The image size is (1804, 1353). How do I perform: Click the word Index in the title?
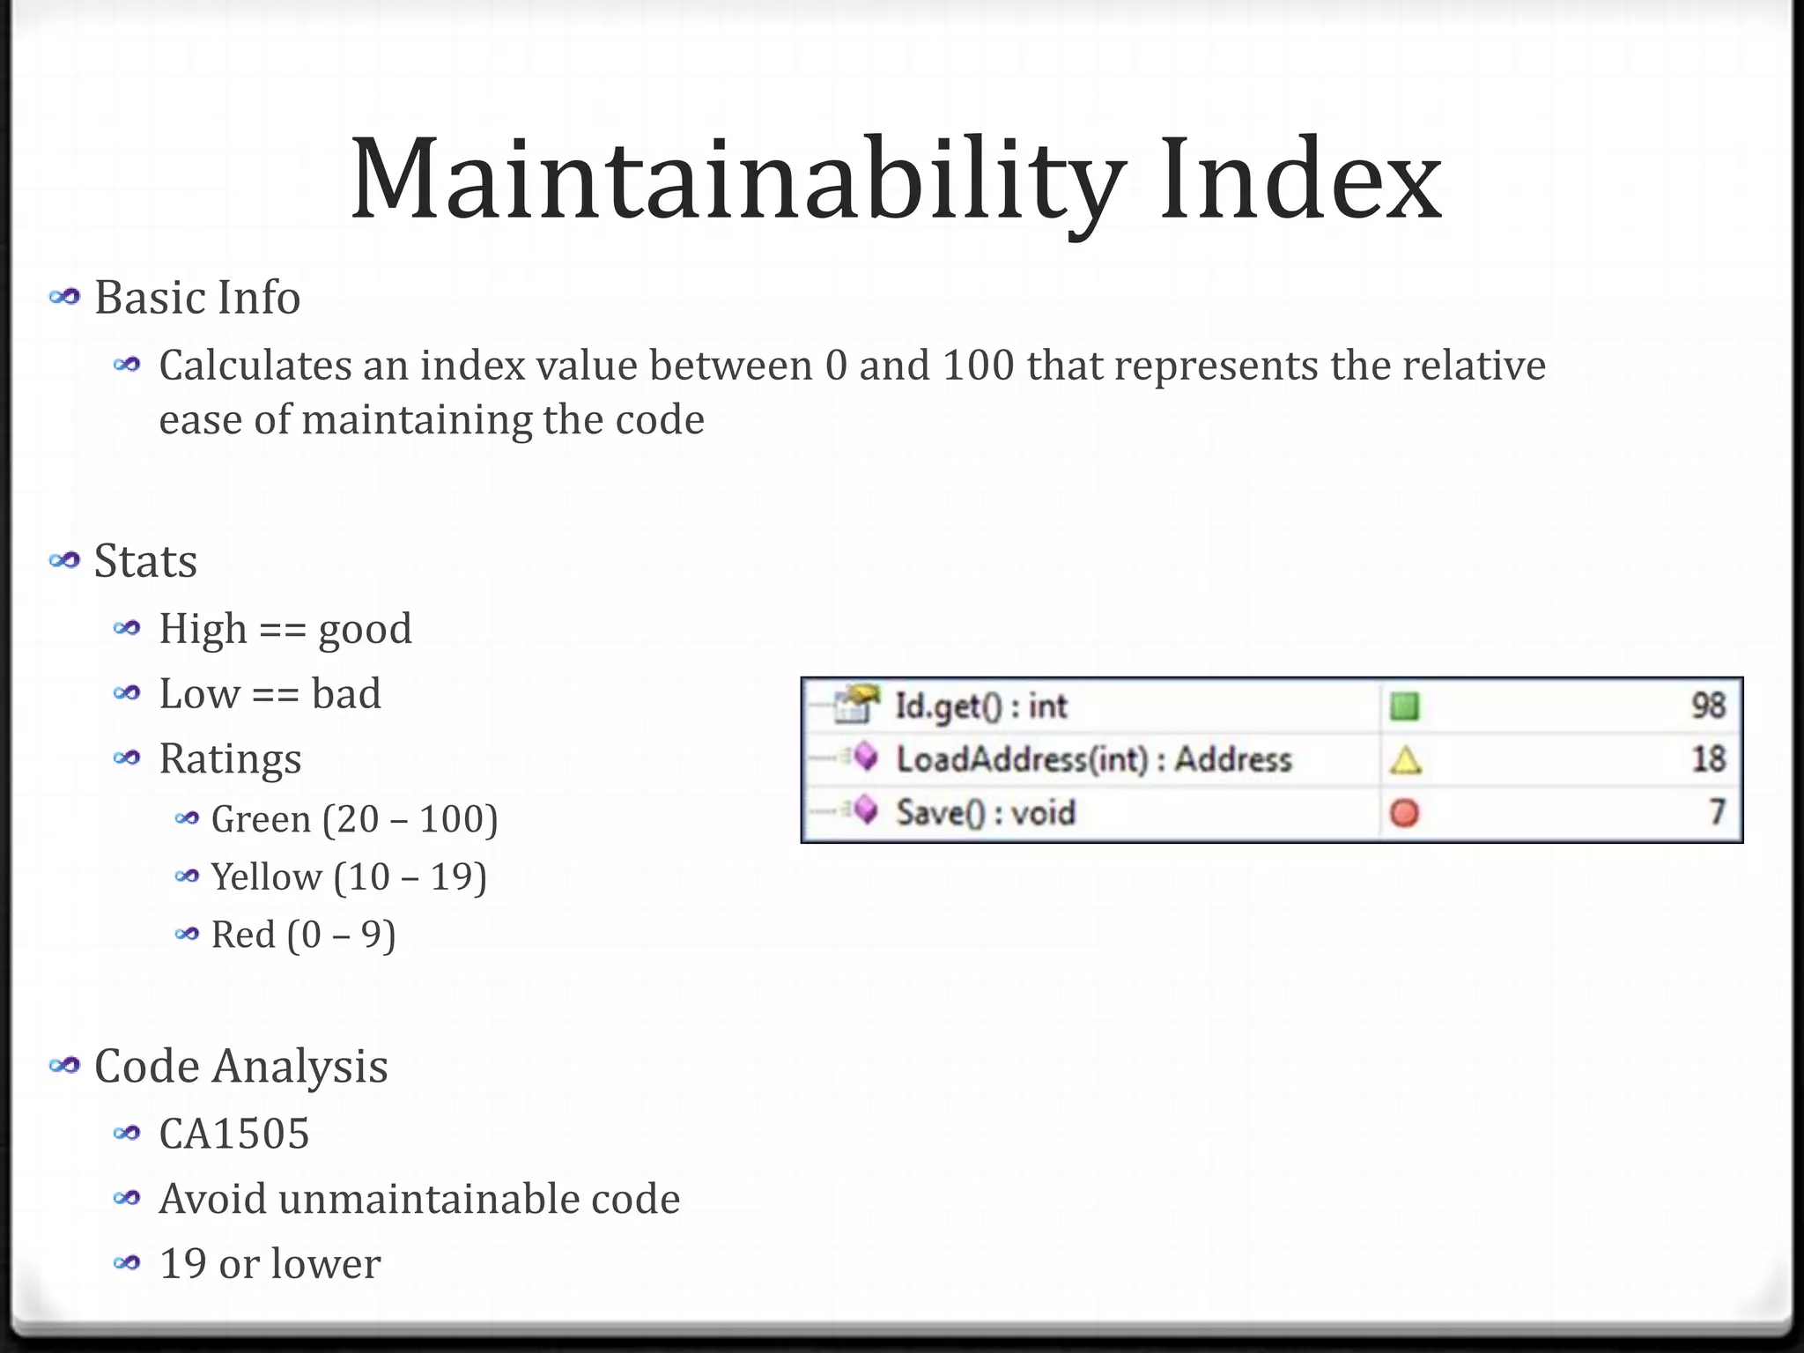1300,181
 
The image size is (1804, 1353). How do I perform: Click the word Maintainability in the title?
736,181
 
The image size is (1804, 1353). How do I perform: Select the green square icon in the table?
1404,706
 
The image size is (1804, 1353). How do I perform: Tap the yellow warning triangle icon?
1405,760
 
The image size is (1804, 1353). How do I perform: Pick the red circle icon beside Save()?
1404,813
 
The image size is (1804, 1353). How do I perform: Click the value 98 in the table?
1708,706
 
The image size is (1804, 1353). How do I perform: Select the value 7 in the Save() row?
1717,812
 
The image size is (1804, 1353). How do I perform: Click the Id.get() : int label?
980,706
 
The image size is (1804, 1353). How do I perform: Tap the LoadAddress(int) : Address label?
1093,759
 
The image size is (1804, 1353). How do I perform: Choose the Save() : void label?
986,812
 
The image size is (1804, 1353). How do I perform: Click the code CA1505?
234,1134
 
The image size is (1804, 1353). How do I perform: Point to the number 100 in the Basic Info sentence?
978,366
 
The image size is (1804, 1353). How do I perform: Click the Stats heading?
145,561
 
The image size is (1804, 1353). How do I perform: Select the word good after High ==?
365,630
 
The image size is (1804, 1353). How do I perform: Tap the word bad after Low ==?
346,694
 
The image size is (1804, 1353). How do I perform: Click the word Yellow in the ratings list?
266,877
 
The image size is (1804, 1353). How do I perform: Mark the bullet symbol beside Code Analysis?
64,1067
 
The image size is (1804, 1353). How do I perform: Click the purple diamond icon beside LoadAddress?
867,757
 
